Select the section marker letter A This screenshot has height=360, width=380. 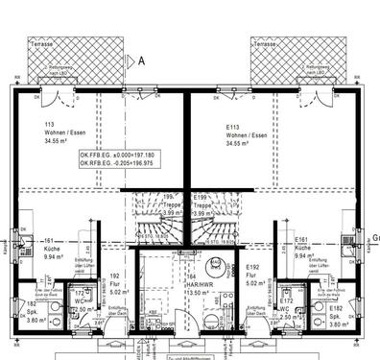point(142,60)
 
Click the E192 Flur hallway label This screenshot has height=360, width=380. point(253,268)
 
